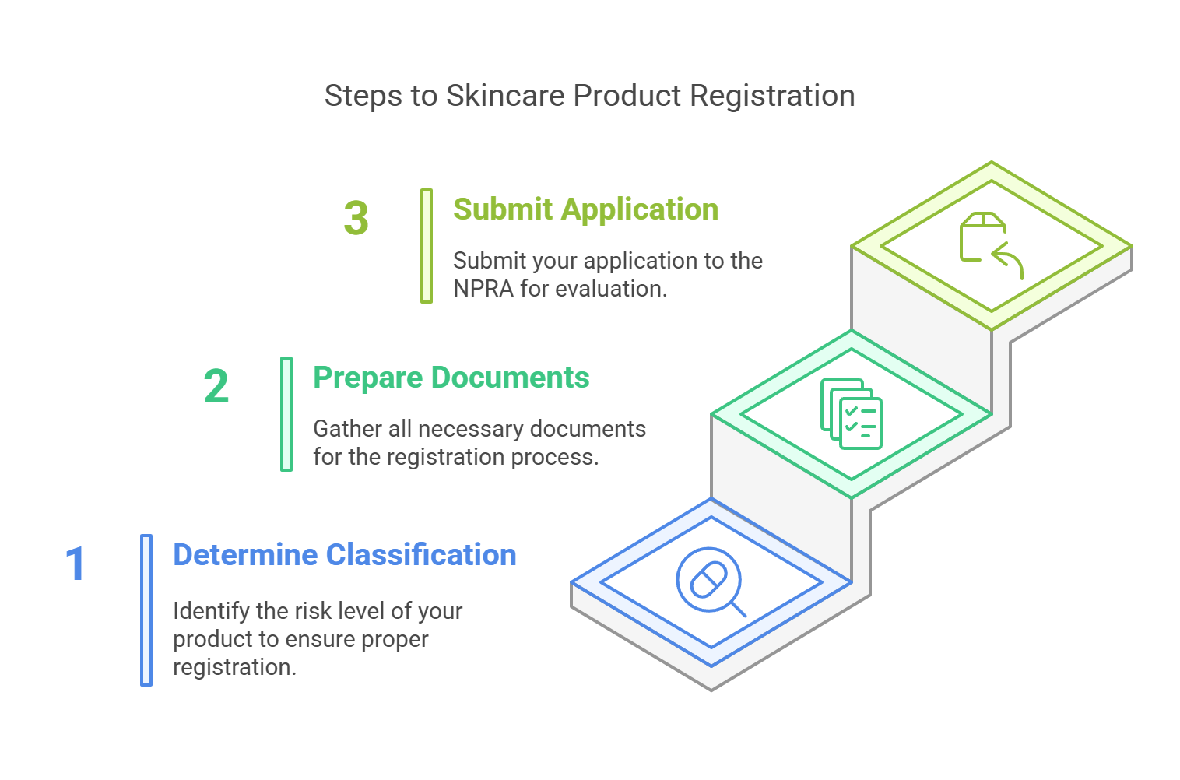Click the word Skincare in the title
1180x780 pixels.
pyautogui.click(x=505, y=96)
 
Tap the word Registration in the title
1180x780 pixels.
pyautogui.click(x=772, y=97)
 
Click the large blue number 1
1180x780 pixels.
pyautogui.click(x=76, y=564)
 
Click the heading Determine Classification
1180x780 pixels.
pyautogui.click(x=345, y=554)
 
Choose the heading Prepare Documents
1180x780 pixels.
pyautogui.click(x=451, y=378)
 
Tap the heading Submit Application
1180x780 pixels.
pyautogui.click(x=586, y=209)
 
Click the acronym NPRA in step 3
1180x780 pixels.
pyautogui.click(x=483, y=289)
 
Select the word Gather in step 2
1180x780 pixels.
pyautogui.click(x=348, y=429)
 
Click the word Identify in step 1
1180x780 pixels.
pyautogui.click(x=211, y=612)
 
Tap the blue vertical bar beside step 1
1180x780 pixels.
pyautogui.click(x=146, y=610)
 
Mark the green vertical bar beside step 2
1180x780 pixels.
pyautogui.click(x=286, y=414)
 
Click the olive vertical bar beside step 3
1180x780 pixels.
pyautogui.click(x=427, y=246)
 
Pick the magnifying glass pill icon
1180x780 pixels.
pyautogui.click(x=711, y=581)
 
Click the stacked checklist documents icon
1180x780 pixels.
pyautogui.click(x=852, y=414)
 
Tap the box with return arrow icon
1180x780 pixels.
pyautogui.click(x=991, y=245)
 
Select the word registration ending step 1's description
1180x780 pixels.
pyautogui.click(x=234, y=668)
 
